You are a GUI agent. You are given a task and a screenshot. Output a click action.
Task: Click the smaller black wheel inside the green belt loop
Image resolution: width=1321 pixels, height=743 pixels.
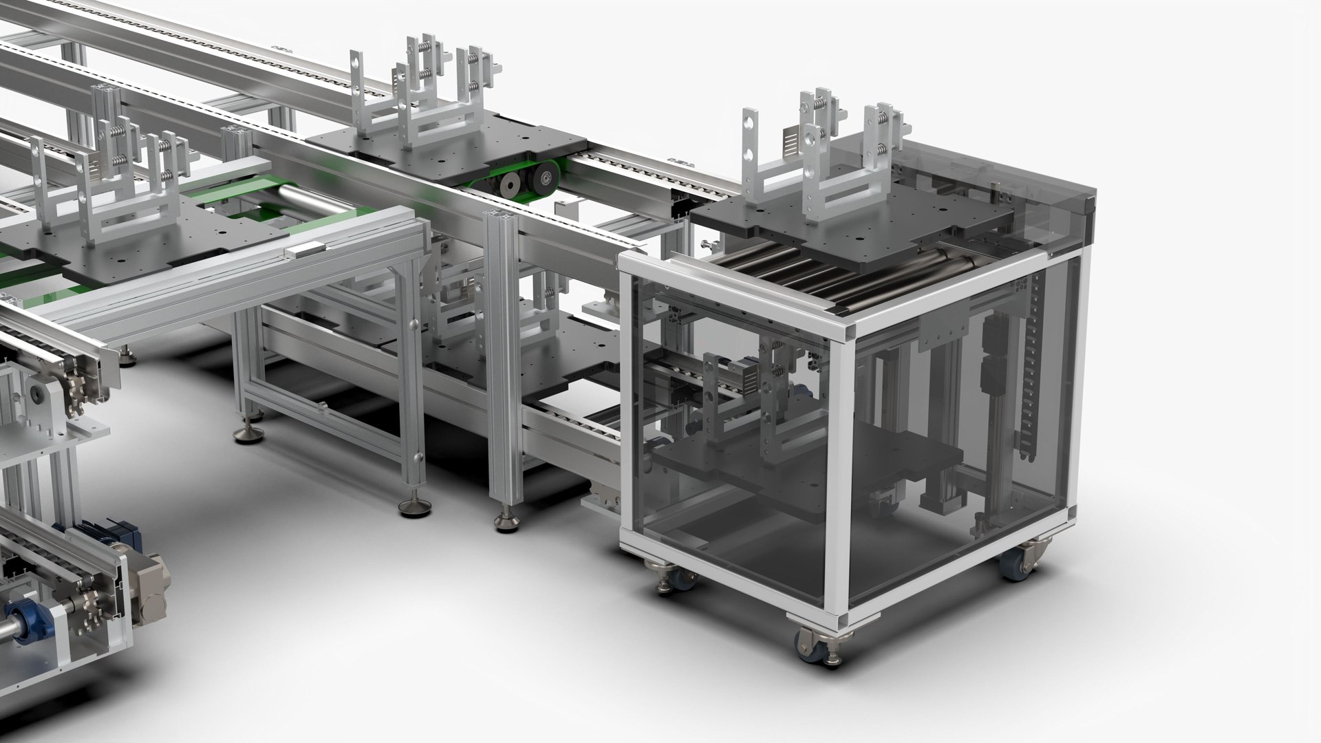[x=509, y=184]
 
